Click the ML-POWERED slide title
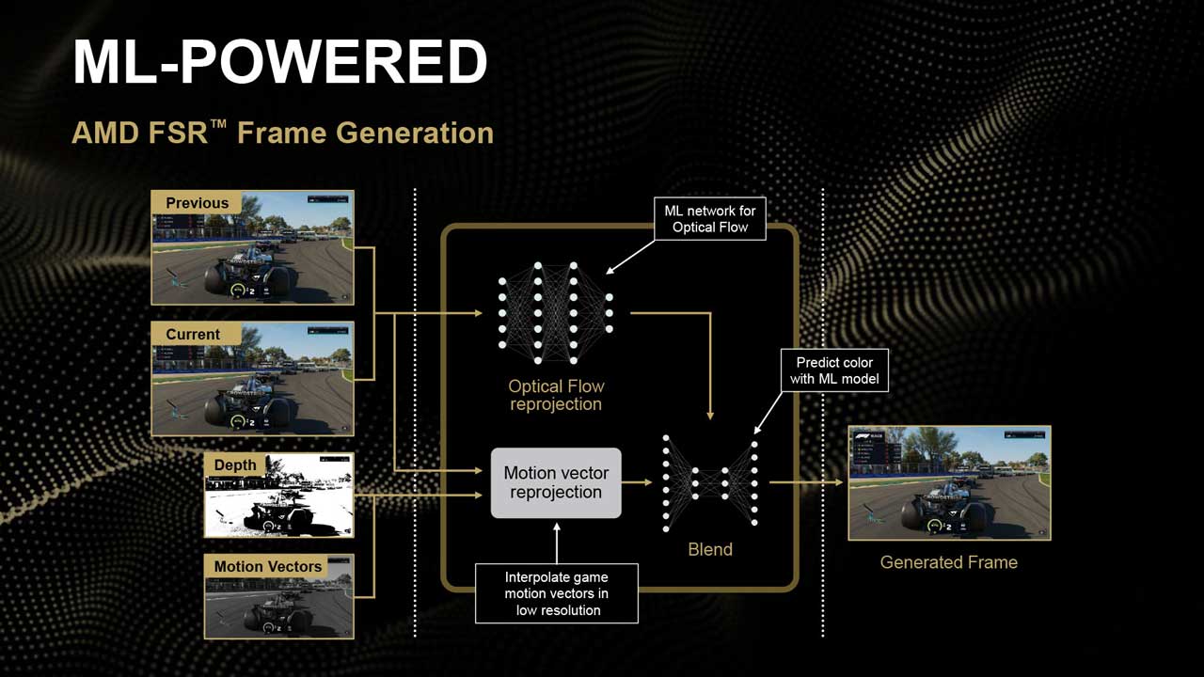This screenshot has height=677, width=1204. (279, 63)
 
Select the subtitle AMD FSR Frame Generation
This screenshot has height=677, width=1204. (282, 133)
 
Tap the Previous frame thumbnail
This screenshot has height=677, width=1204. (252, 247)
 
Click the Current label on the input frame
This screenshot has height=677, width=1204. (193, 335)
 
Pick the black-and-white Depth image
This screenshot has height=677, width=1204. (278, 496)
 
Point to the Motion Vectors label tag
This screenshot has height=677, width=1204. (267, 566)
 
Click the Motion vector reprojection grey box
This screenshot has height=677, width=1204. (556, 482)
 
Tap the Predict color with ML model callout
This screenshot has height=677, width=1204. (834, 370)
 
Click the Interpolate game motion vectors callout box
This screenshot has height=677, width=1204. (556, 593)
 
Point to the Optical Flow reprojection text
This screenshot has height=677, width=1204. (556, 395)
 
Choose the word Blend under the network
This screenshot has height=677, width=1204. (709, 550)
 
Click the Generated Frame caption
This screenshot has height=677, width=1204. (948, 562)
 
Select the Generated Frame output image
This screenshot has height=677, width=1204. (949, 483)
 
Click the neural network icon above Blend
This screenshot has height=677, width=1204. (710, 482)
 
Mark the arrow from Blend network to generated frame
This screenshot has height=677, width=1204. (806, 482)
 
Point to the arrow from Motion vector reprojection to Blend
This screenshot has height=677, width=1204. (638, 482)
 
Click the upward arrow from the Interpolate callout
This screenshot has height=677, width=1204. (556, 541)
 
